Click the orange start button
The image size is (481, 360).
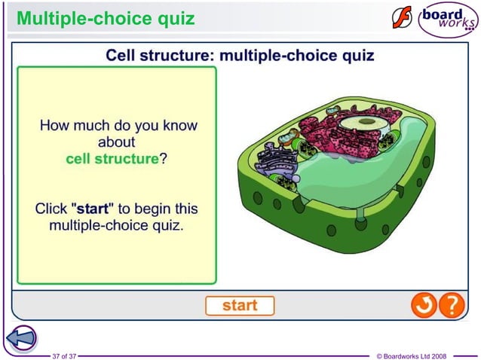240,306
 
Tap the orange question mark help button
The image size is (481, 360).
451,305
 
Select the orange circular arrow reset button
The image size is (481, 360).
423,305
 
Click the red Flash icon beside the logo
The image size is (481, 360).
402,18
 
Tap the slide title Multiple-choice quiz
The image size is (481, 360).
106,17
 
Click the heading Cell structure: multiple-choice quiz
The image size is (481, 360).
240,55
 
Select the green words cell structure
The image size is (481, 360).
112,159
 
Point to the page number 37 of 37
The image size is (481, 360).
63,355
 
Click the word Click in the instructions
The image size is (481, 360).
51,208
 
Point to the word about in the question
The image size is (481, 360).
117,142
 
